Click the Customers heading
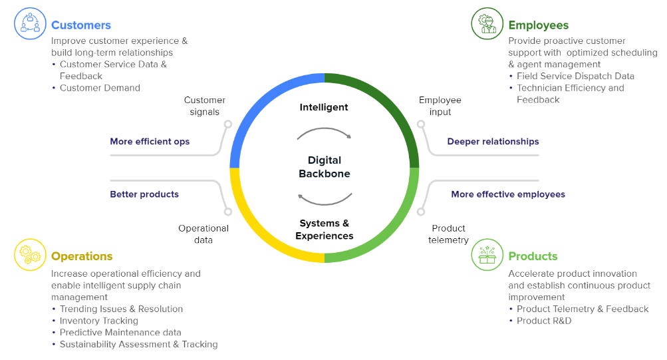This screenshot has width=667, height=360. [x=80, y=25]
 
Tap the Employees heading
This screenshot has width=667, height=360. [x=538, y=25]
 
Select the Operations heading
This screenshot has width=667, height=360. [x=82, y=256]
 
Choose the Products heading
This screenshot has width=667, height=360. [x=533, y=256]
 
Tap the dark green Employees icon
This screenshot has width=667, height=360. [x=487, y=23]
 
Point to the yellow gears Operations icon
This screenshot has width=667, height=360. [x=30, y=254]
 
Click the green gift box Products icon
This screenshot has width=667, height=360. [x=487, y=254]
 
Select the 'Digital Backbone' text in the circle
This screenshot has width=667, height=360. [x=325, y=167]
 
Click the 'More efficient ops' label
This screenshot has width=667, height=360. [x=150, y=141]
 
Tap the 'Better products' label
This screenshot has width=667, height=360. [x=144, y=194]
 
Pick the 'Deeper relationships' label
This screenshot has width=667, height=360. [x=493, y=141]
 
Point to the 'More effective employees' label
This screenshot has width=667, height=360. [x=508, y=194]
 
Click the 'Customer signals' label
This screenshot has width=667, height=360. [x=205, y=106]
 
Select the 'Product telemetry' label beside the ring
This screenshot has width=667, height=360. [x=448, y=234]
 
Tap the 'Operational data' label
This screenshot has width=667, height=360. [x=203, y=234]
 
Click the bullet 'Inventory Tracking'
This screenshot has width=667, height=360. [x=99, y=321]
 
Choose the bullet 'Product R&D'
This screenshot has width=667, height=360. [x=544, y=321]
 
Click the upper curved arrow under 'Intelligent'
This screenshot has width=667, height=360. [x=324, y=133]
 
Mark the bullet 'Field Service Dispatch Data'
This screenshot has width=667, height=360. [x=575, y=76]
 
